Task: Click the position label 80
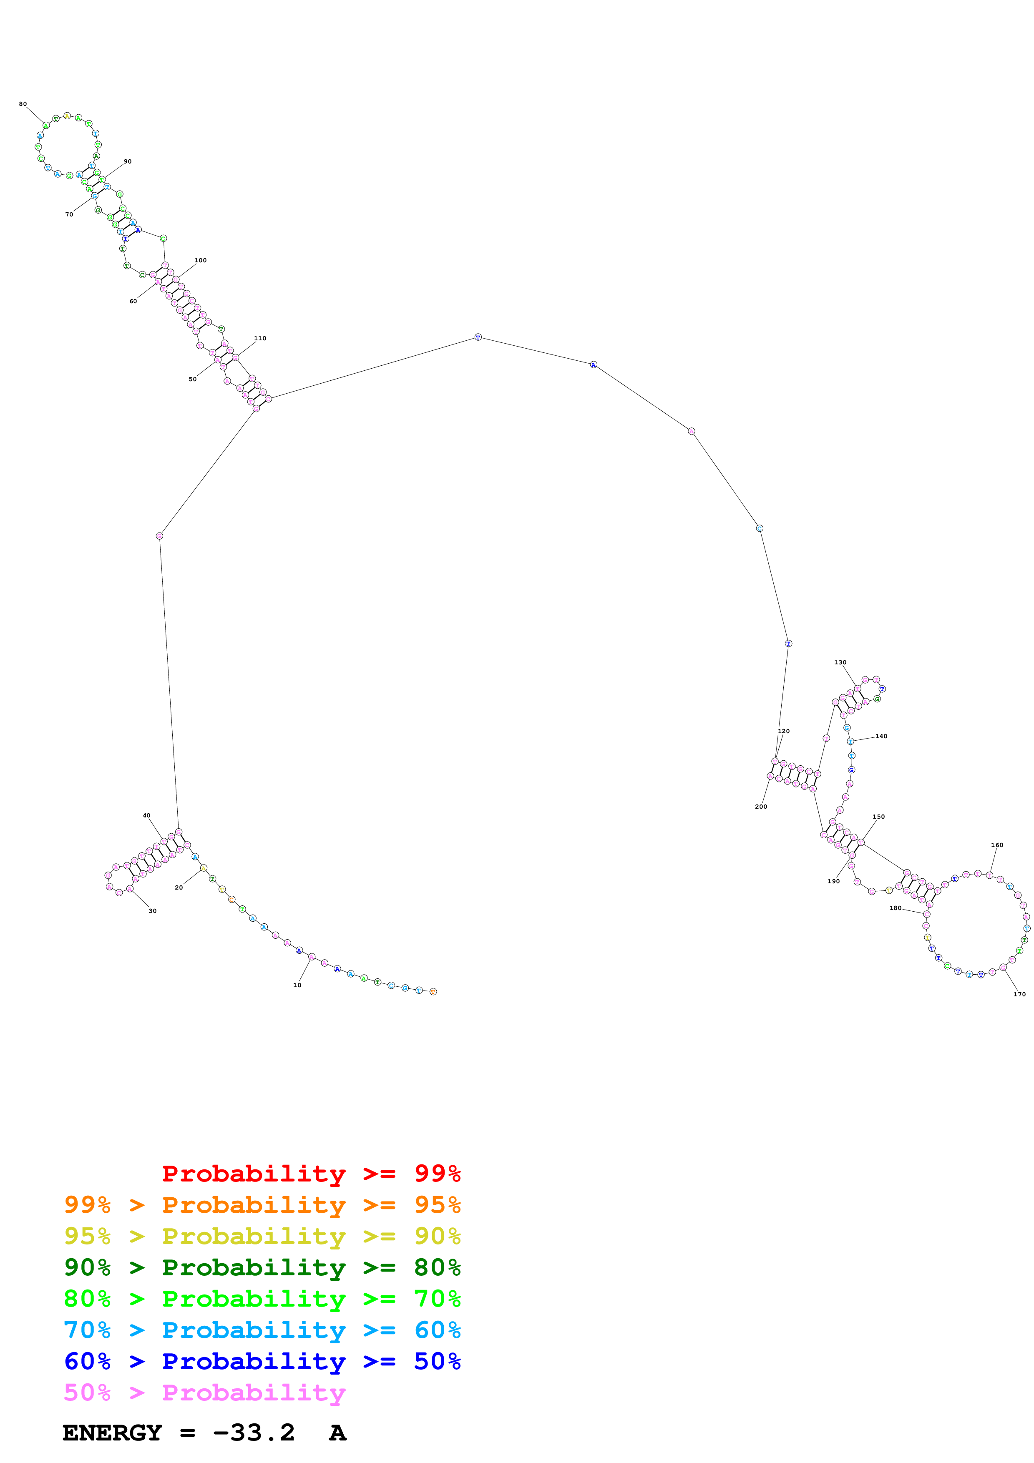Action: (x=23, y=104)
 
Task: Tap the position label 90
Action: (x=127, y=161)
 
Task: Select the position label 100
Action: (x=200, y=260)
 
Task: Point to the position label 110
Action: (x=260, y=338)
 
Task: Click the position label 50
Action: (x=192, y=379)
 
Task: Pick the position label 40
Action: (x=146, y=816)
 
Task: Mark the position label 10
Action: (x=297, y=985)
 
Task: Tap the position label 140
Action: (x=881, y=736)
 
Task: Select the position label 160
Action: (x=997, y=845)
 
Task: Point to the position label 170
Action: (x=1019, y=994)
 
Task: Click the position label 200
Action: (x=761, y=807)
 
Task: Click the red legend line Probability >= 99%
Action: (x=311, y=1174)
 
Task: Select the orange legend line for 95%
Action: (x=262, y=1205)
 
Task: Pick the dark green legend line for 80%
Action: (x=262, y=1267)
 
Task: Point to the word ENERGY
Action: (x=112, y=1433)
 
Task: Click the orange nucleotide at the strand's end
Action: (x=433, y=991)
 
